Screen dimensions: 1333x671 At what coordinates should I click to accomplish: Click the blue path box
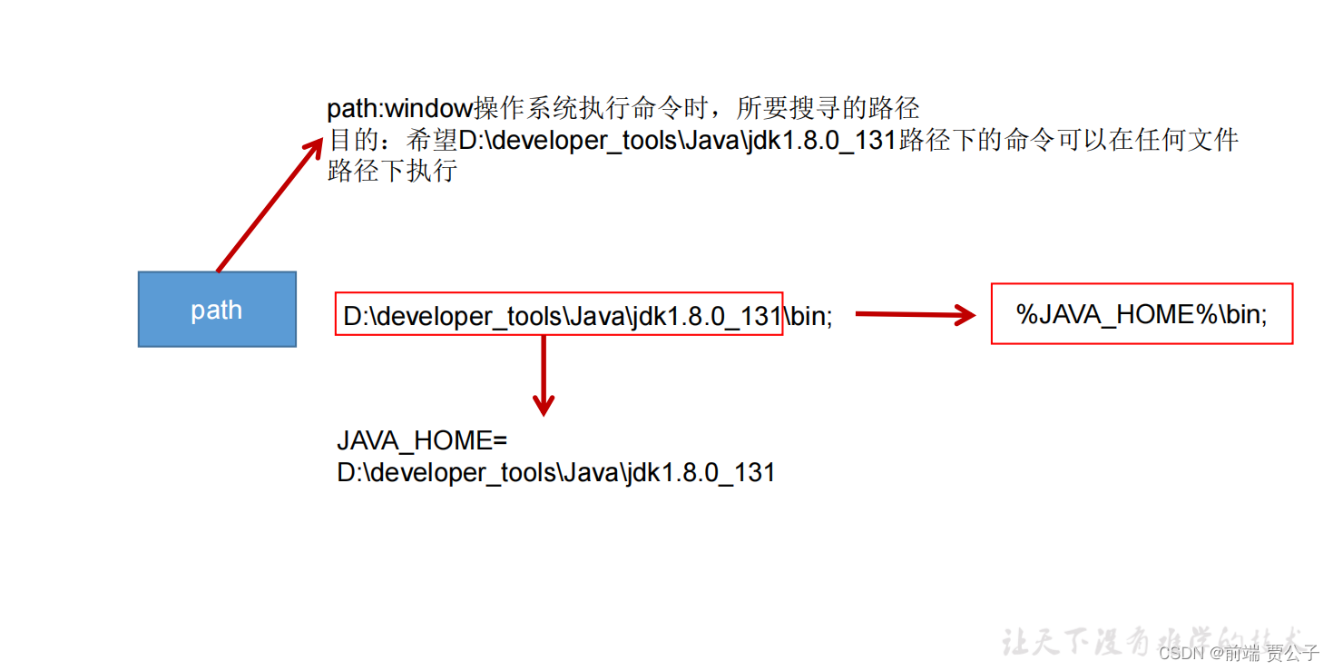pyautogui.click(x=217, y=309)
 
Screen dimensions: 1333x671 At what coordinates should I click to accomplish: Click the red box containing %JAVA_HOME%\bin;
pyautogui.click(x=1141, y=313)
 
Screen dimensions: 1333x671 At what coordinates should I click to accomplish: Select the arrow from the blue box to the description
pyautogui.click(x=269, y=205)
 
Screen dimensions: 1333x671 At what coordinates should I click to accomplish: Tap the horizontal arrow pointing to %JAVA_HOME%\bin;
pyautogui.click(x=914, y=315)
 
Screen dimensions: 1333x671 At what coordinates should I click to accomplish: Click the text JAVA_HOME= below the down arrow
pyautogui.click(x=422, y=441)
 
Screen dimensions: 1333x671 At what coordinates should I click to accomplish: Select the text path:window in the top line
pyautogui.click(x=399, y=110)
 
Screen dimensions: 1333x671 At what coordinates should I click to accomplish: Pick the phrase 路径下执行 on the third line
pyautogui.click(x=392, y=171)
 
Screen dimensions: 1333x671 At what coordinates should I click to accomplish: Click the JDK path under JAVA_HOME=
pyautogui.click(x=556, y=473)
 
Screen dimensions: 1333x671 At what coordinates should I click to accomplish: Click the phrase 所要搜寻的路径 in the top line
pyautogui.click(x=828, y=110)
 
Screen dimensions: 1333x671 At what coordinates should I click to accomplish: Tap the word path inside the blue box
pyautogui.click(x=217, y=310)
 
